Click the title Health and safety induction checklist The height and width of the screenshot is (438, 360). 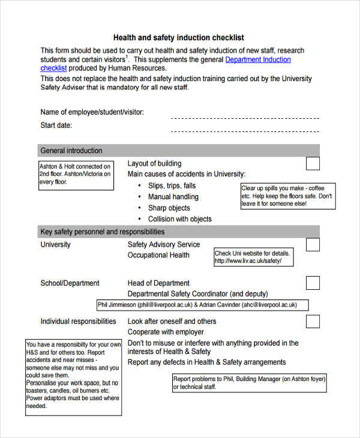coord(179,37)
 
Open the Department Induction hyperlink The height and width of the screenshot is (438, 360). coord(257,60)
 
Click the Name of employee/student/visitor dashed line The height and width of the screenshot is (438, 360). coord(245,118)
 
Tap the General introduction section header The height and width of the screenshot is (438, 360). coord(71,151)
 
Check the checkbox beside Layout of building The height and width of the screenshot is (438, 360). coord(313,164)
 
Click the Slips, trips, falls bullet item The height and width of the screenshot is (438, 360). coord(172,186)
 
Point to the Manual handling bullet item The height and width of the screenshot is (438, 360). coord(173,197)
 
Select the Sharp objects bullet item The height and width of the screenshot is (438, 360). coord(169,208)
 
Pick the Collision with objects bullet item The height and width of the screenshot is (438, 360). coord(179,219)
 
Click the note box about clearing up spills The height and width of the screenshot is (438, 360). coord(287,196)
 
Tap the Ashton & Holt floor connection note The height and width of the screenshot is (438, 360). coord(76,174)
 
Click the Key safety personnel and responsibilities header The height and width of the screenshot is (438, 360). coord(102,232)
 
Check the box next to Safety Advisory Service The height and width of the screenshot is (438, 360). coord(313,244)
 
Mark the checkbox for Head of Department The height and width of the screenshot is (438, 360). coord(313,283)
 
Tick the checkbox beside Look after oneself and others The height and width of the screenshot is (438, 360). coord(313,321)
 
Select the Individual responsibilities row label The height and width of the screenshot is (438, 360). coord(78,322)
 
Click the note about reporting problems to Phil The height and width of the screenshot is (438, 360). coord(249,383)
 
